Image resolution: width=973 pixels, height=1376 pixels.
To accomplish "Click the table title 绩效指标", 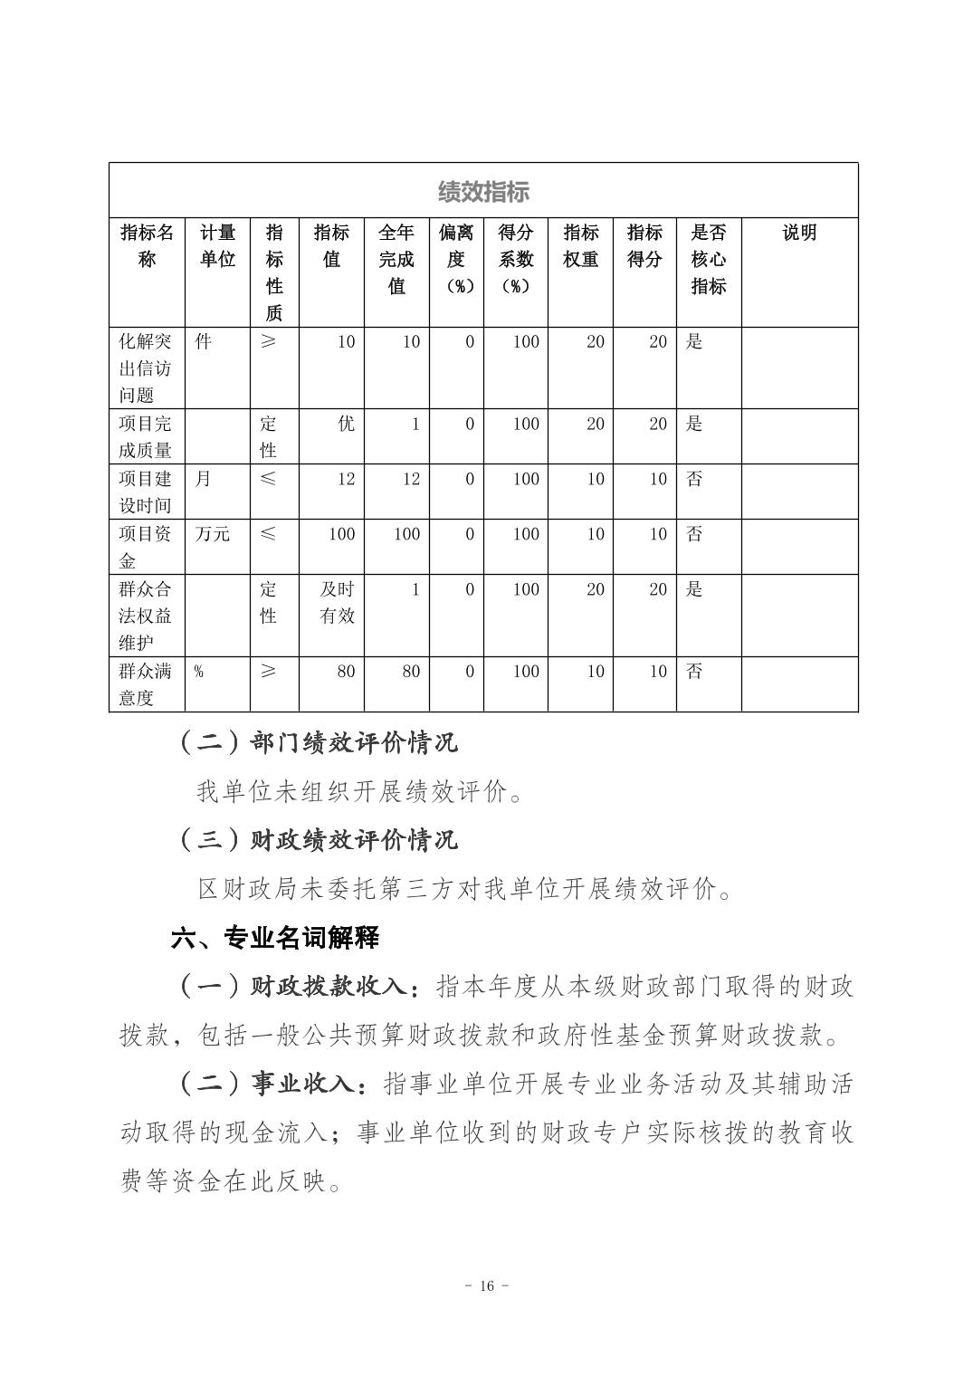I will pos(483,192).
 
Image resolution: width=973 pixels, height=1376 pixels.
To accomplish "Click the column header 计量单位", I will pos(217,246).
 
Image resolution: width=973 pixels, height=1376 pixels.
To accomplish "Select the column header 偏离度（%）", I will pos(456,259).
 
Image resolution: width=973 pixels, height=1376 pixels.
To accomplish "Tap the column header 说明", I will pos(799,233).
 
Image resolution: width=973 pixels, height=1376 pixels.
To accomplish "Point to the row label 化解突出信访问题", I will pos(146,368).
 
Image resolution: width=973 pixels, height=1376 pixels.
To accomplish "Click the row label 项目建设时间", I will pos(146,492).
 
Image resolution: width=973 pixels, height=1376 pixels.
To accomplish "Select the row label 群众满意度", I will pos(146,684).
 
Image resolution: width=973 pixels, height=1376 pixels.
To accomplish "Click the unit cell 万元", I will pos(213,534).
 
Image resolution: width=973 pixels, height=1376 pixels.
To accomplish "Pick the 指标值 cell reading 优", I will pos(346,424).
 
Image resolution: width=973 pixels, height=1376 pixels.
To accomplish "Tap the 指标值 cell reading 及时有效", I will pos(338,602).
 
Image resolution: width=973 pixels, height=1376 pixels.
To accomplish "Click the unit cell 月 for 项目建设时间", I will pos(203,479).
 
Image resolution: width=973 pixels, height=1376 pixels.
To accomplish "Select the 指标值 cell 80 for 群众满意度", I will pos(346,672).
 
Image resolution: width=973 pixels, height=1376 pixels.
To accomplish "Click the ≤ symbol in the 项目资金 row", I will pos(268,534).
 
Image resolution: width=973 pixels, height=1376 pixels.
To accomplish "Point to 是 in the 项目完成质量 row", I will pos(694,424).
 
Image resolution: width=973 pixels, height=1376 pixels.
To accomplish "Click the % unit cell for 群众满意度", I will pos(198,672).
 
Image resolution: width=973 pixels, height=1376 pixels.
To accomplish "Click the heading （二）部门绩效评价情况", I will pos(318,743).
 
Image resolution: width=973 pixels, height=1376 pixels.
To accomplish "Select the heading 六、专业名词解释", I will pos(275,938).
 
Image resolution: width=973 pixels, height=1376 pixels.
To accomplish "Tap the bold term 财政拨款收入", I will pos(329,987).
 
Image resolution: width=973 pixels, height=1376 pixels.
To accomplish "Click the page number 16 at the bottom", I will pos(486,1286).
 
